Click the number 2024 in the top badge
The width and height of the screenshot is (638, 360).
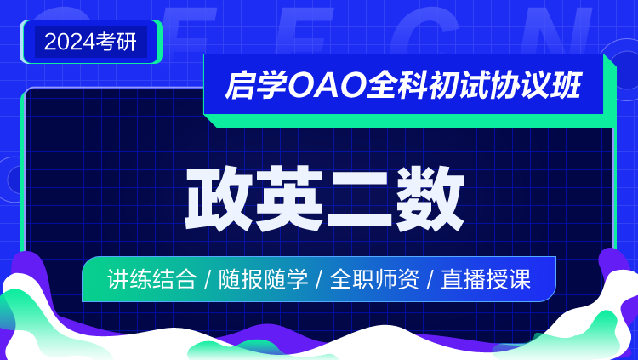(x=70, y=42)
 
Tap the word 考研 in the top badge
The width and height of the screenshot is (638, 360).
(x=117, y=42)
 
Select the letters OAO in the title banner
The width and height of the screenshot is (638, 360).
(x=327, y=85)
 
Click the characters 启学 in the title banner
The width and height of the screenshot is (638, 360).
(x=256, y=85)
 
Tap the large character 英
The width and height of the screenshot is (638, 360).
(x=290, y=198)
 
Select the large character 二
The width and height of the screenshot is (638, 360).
(x=360, y=198)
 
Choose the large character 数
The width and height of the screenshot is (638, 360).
(x=430, y=198)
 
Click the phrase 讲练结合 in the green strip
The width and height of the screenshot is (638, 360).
(x=151, y=279)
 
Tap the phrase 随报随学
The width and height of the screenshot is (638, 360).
(x=263, y=279)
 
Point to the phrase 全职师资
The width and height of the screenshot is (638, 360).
(x=374, y=279)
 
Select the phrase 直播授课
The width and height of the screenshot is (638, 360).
(x=486, y=279)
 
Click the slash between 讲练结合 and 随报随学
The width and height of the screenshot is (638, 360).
(x=208, y=279)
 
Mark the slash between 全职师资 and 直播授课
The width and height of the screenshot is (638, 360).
(x=430, y=279)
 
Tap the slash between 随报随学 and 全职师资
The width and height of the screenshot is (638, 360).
(x=319, y=279)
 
